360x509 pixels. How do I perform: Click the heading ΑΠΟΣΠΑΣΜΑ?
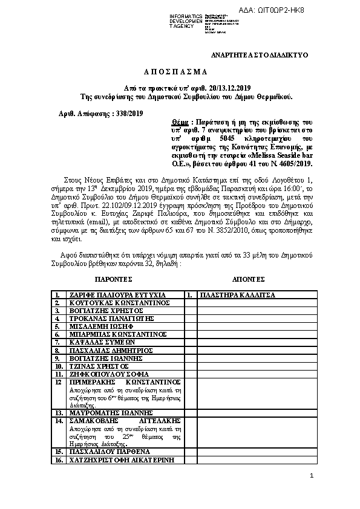180,71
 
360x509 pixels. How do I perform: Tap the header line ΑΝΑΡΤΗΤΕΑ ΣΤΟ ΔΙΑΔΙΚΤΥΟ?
259,55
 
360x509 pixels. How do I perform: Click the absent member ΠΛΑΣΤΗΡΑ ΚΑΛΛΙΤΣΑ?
237,295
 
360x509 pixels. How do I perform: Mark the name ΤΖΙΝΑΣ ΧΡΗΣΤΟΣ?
99,366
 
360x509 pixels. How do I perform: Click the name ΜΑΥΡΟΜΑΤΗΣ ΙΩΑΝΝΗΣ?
111,413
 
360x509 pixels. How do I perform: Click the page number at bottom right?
312,476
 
